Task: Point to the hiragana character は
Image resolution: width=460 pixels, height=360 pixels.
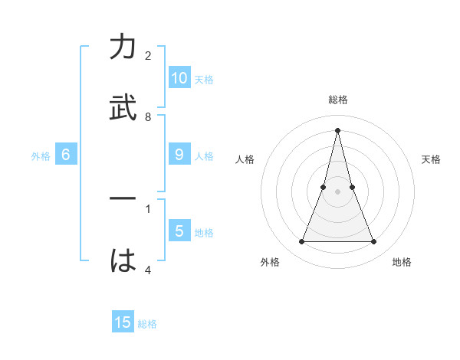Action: point(123,260)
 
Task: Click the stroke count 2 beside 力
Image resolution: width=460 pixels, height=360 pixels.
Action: point(148,56)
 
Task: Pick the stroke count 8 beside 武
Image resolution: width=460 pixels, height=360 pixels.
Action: point(148,116)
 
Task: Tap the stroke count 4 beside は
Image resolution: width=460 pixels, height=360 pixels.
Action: point(148,269)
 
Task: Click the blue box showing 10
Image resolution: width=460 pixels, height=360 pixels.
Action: point(179,78)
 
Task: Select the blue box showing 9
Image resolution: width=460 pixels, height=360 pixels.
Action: point(179,155)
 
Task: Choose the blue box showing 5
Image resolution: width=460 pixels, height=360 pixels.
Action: point(179,231)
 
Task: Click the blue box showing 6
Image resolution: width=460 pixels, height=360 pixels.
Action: point(66,155)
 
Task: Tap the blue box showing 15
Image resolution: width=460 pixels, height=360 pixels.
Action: point(123,322)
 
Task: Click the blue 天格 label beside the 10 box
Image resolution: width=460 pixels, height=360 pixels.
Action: point(204,80)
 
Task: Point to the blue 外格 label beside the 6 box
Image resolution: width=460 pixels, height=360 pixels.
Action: point(41,156)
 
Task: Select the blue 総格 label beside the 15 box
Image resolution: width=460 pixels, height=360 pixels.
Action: point(147,324)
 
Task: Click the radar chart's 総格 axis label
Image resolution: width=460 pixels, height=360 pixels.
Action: point(338,100)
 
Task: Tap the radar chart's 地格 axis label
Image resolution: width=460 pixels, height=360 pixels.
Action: point(402,263)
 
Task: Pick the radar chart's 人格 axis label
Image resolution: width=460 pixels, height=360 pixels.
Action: point(245,159)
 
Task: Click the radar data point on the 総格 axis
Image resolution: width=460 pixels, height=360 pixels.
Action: point(337,129)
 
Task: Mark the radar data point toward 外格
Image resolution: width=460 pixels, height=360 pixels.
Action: point(301,242)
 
